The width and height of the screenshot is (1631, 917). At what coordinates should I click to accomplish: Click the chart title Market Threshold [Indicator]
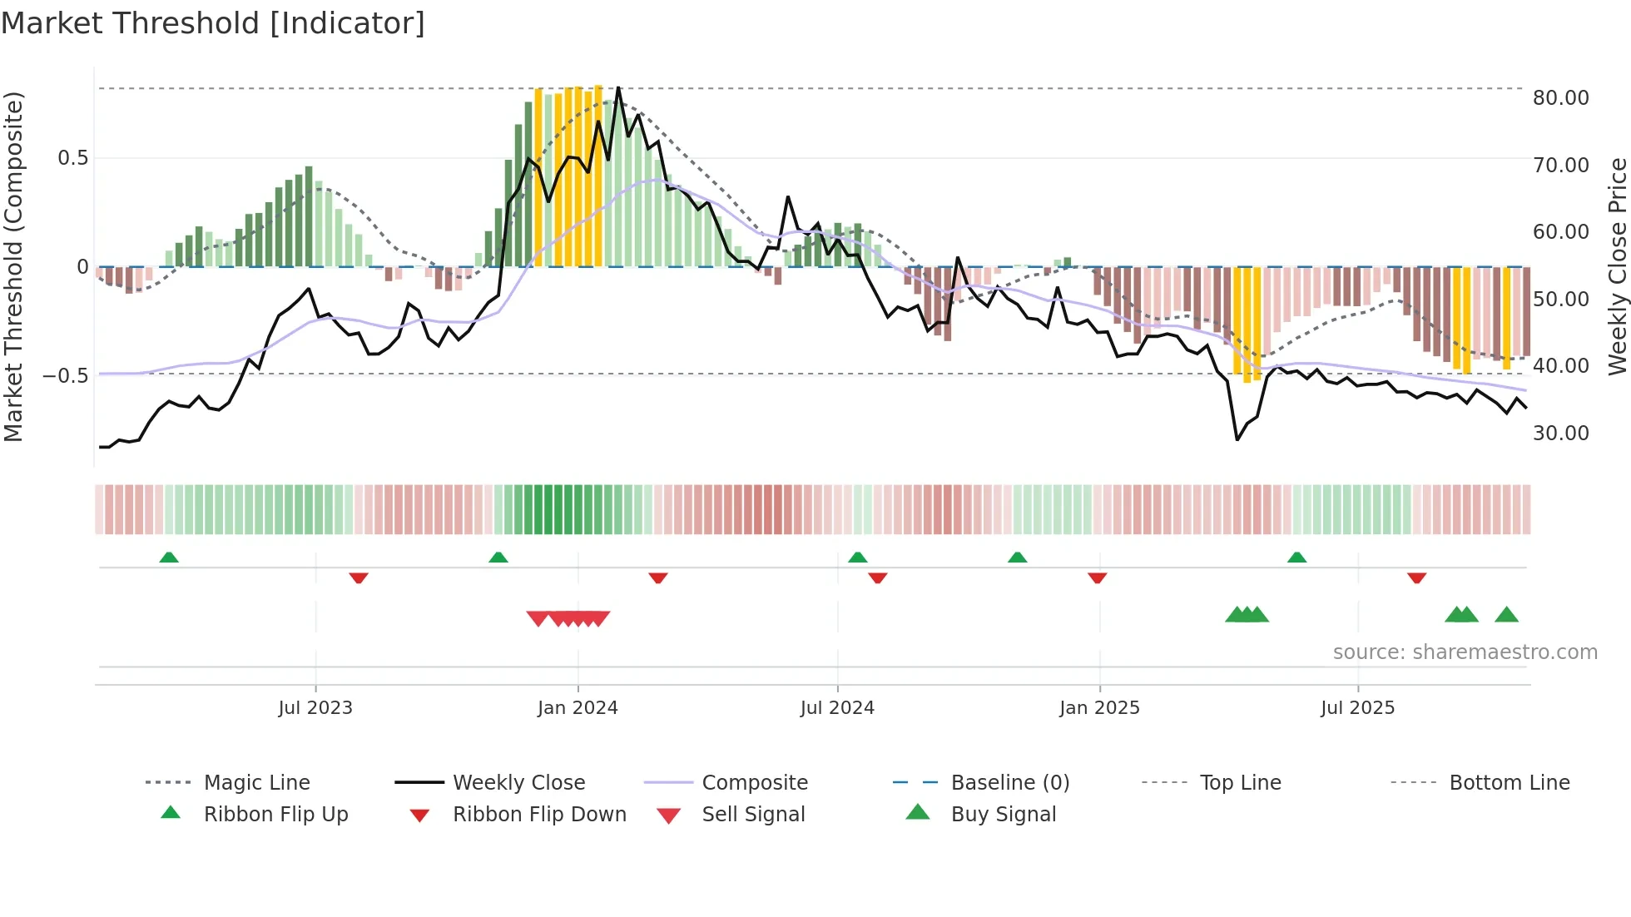213,23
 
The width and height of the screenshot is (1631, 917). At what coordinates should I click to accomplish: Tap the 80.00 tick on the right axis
1560,98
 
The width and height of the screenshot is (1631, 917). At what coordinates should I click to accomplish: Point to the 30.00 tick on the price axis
1560,434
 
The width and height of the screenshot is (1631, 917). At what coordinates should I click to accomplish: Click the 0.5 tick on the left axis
72,158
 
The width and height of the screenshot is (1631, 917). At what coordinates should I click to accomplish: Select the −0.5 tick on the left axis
66,376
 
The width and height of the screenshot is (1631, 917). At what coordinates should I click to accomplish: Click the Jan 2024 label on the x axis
578,708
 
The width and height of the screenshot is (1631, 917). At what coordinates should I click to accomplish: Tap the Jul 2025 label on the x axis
1357,708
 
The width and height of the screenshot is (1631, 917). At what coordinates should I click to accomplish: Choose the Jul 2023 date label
315,708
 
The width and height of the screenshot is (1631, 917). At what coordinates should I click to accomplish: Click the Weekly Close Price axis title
1617,266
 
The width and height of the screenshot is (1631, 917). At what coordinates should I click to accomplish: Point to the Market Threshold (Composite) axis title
13,266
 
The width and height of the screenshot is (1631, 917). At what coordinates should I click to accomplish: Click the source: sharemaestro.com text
1465,652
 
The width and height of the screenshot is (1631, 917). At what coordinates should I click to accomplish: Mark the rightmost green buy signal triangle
1506,616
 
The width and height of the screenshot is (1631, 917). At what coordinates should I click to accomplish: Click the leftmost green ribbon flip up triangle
169,558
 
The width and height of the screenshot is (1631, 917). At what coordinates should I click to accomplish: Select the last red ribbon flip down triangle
1416,577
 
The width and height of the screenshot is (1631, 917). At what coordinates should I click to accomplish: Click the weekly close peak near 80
618,88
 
